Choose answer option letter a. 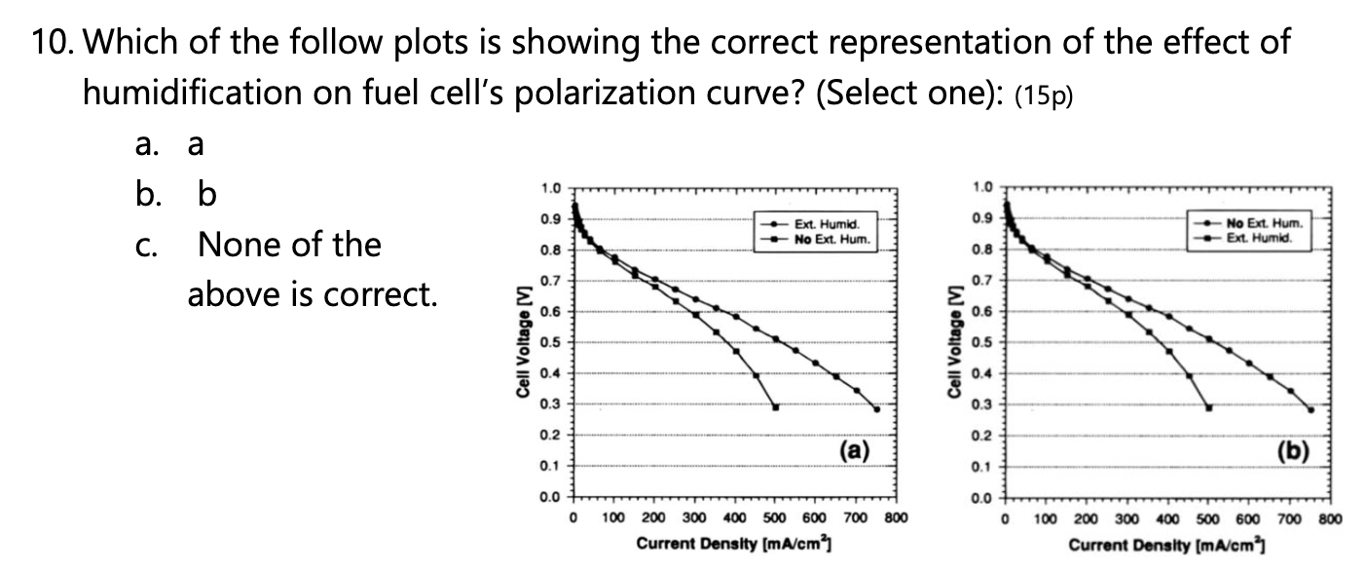195,145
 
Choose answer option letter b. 206,195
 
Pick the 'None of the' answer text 289,244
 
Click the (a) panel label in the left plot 853,449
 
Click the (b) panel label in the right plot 1291,449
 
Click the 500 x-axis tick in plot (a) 774,517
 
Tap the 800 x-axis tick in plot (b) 1330,517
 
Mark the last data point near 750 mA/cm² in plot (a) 876,409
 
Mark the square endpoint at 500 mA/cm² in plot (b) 1208,407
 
